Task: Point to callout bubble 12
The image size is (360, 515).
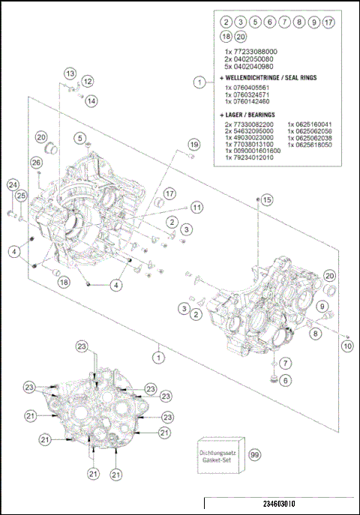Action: (x=88, y=81)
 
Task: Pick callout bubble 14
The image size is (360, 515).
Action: (x=91, y=100)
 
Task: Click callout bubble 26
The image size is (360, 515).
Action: (x=36, y=163)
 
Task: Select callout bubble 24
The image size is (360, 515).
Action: (x=13, y=184)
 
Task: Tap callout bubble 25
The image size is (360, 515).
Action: (x=22, y=196)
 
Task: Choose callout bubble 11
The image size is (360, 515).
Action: (x=196, y=206)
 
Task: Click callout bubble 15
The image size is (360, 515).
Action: (x=268, y=199)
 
